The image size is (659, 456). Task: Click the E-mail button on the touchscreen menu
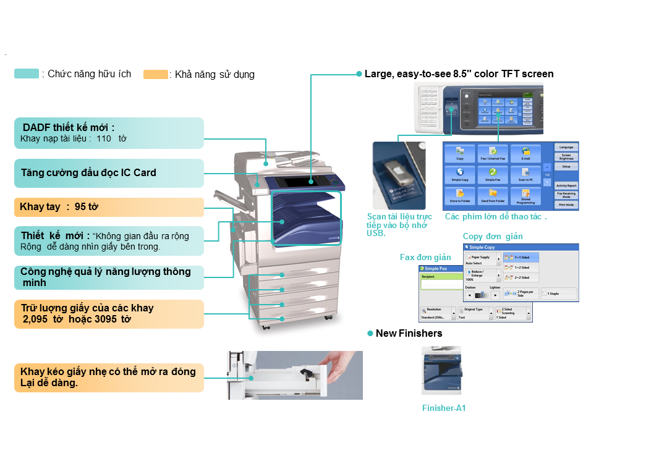tap(525, 153)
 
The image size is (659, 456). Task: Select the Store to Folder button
tap(459, 196)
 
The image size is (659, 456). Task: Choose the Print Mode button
tap(566, 205)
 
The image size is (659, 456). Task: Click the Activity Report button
tap(566, 185)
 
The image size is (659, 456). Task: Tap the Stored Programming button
tap(525, 196)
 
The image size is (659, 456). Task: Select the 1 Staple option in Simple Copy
tap(553, 293)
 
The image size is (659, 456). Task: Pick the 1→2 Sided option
tap(521, 267)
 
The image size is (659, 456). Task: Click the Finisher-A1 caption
tap(443, 408)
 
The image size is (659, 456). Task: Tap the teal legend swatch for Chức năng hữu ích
tap(27, 74)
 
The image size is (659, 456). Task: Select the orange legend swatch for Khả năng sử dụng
tap(155, 75)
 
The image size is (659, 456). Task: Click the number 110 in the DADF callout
tap(104, 138)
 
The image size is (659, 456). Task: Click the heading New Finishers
tap(409, 334)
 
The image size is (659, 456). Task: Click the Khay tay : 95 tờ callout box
tap(108, 207)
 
